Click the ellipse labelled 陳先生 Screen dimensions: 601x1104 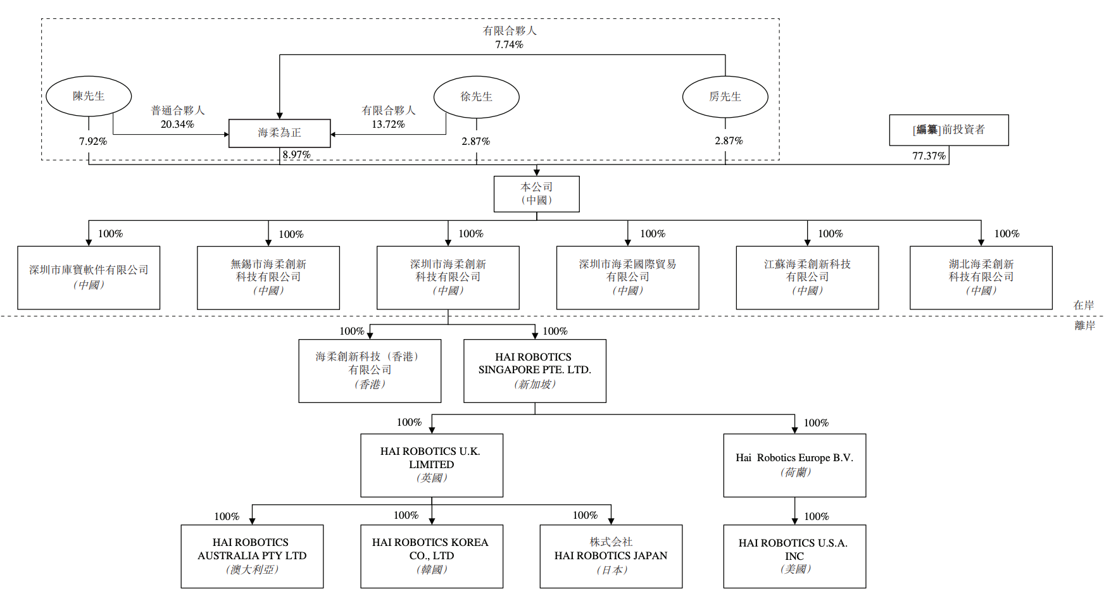[x=89, y=96]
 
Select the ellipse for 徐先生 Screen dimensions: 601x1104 [x=476, y=97]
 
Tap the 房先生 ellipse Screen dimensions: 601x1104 [x=725, y=97]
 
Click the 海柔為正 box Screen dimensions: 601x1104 [x=279, y=133]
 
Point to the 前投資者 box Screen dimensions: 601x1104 [x=948, y=130]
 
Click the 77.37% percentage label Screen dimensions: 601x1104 [x=929, y=156]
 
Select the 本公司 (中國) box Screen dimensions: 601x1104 [x=536, y=194]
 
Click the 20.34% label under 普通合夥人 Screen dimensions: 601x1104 [x=177, y=125]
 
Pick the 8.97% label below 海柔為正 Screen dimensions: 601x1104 [x=296, y=155]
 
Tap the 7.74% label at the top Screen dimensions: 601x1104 [x=509, y=45]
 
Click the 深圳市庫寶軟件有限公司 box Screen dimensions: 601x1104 [x=89, y=277]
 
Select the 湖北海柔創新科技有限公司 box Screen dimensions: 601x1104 [x=981, y=277]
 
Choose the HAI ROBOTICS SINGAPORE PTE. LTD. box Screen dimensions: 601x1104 [x=534, y=371]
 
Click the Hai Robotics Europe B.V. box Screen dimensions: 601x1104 [x=794, y=464]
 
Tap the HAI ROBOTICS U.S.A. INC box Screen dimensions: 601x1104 [x=794, y=555]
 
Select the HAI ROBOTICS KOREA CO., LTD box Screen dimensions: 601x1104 [x=431, y=555]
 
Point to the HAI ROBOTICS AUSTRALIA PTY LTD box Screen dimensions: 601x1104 [x=252, y=555]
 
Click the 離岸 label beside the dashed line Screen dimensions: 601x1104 [x=1084, y=326]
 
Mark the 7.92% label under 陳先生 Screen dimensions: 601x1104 [x=93, y=142]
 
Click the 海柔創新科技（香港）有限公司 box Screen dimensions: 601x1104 [x=370, y=371]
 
